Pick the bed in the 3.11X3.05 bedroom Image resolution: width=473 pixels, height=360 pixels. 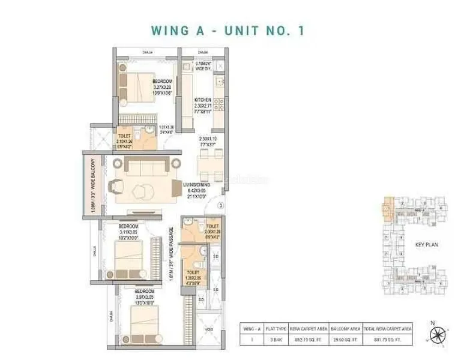point(131,249)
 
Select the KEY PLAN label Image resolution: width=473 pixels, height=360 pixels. point(424,246)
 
